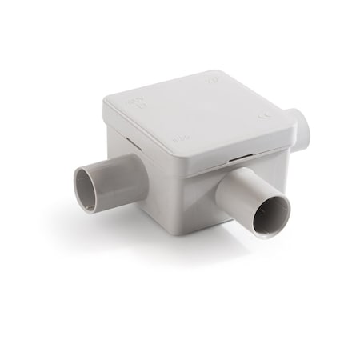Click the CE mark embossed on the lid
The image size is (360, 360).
(265, 114)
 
